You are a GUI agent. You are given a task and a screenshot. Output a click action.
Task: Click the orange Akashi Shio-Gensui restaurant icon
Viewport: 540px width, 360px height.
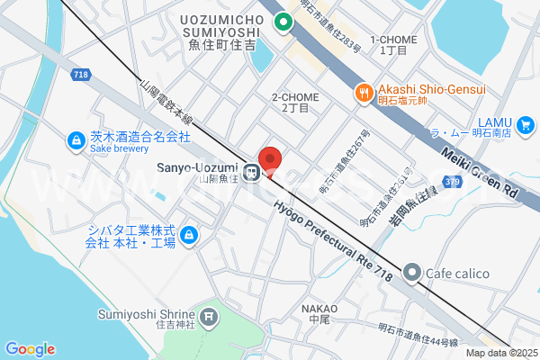[x=364, y=90]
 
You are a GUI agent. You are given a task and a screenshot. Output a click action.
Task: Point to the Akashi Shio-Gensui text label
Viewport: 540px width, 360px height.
[x=431, y=90]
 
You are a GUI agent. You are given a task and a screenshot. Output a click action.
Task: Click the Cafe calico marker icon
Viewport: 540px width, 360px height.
[x=412, y=271]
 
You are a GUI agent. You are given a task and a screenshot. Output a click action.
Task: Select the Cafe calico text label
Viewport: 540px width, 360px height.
[x=459, y=271]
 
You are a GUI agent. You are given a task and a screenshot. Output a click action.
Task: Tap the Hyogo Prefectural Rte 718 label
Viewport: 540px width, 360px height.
[x=332, y=234]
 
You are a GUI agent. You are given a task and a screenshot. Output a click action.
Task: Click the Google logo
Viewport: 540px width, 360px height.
[x=30, y=349]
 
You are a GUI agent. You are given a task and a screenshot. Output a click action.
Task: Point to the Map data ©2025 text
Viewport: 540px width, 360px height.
[x=499, y=352]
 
